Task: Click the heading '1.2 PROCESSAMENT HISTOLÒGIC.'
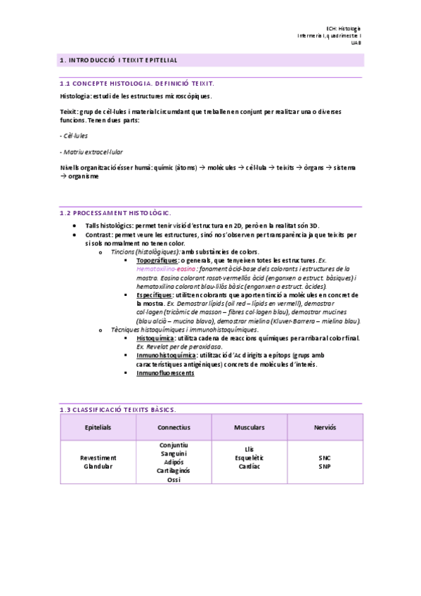point(115,212)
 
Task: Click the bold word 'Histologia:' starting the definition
point(77,96)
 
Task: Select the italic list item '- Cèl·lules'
point(75,136)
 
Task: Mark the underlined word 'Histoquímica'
point(155,338)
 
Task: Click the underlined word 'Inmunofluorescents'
point(165,372)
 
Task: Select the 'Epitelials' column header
point(98,427)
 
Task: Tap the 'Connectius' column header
point(174,427)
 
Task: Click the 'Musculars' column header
point(250,427)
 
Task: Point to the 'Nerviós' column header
point(325,427)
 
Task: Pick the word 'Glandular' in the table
point(98,466)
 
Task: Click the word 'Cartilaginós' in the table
point(174,471)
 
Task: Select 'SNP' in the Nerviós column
point(325,466)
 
